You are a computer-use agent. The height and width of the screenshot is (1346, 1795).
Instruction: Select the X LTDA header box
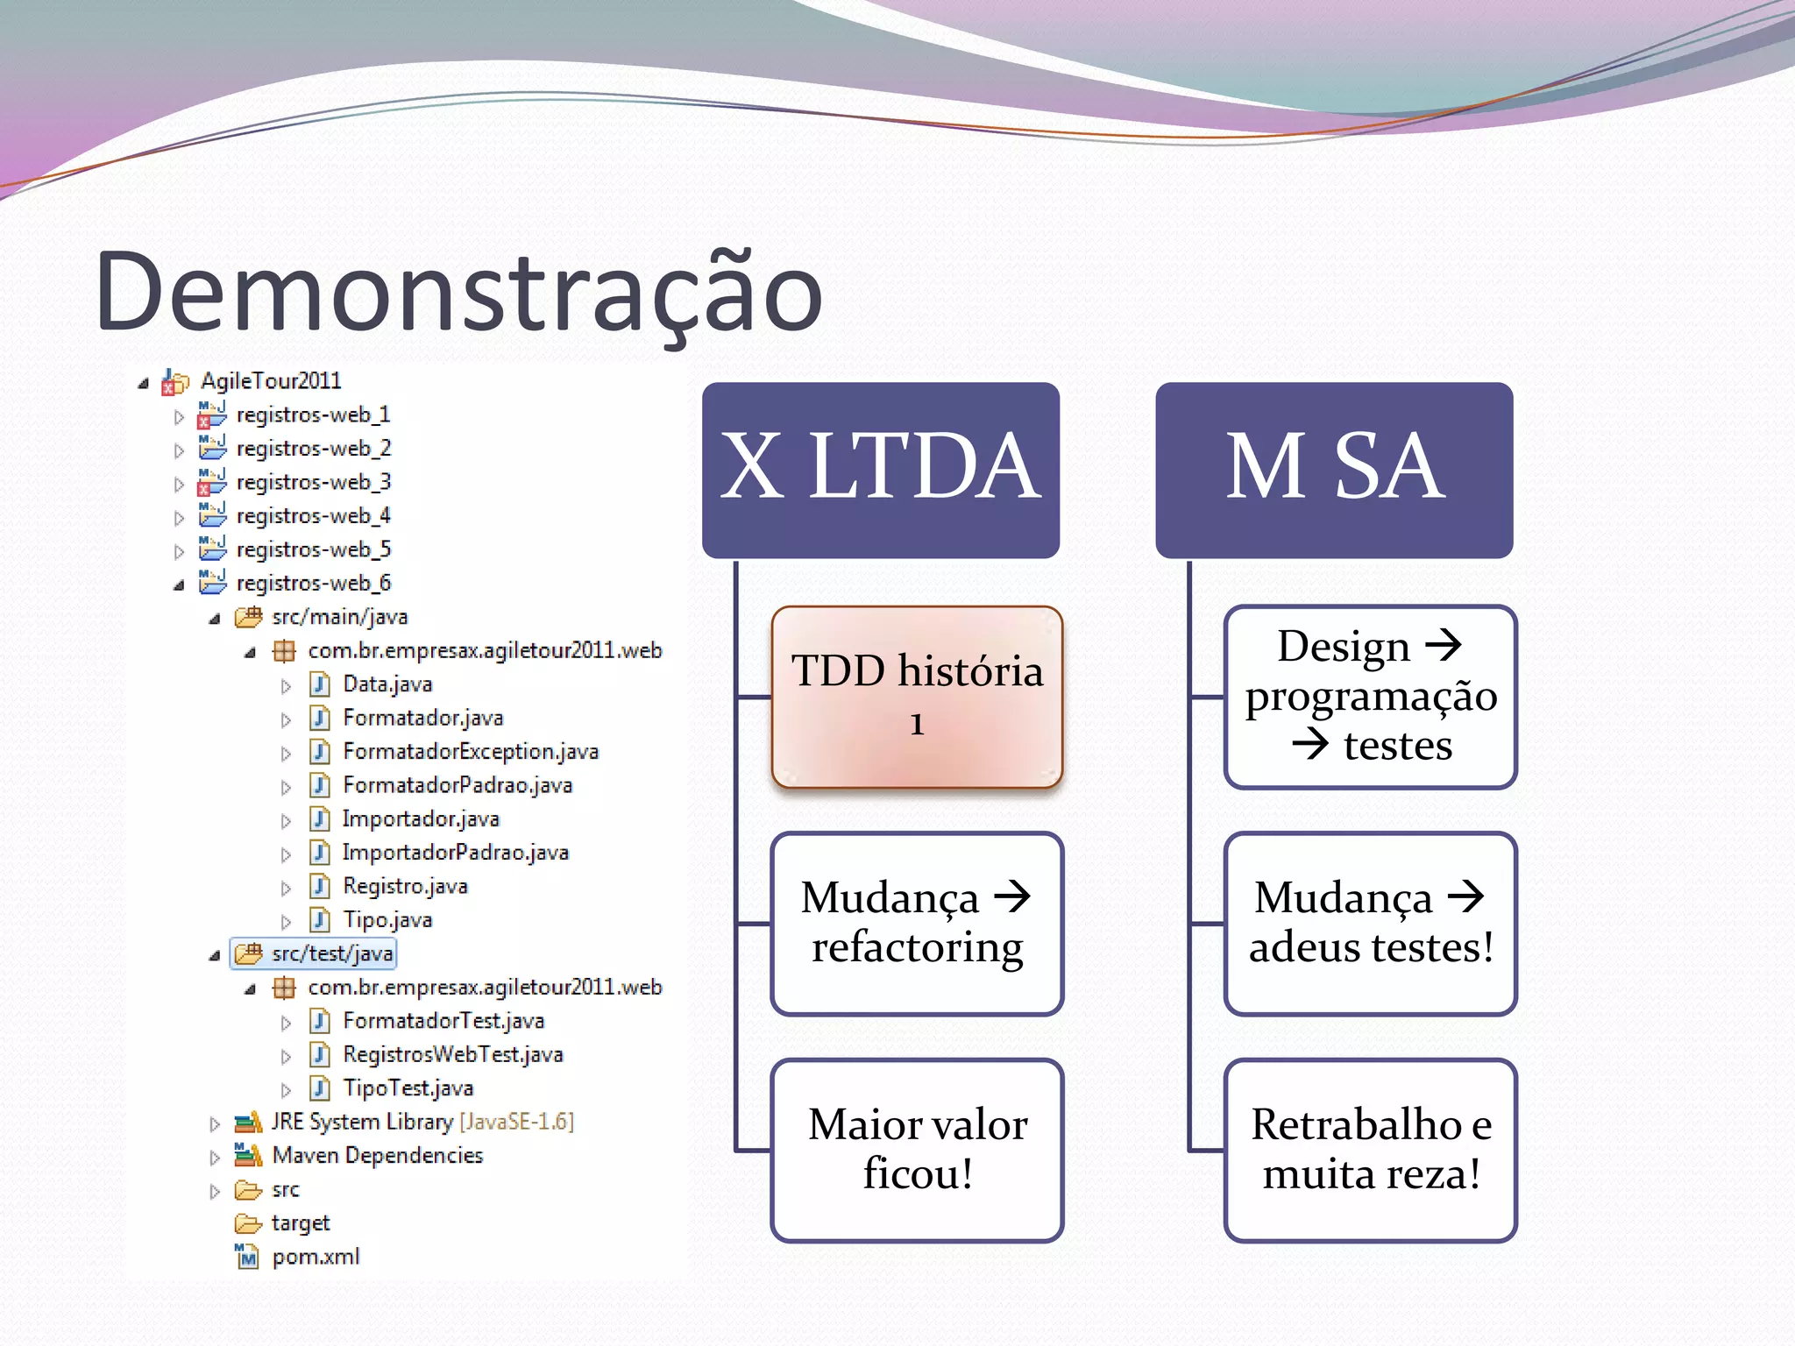pos(881,470)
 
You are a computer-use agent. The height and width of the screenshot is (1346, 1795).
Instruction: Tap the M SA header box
pos(1334,470)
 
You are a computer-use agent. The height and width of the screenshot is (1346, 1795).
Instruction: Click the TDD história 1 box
pos(917,697)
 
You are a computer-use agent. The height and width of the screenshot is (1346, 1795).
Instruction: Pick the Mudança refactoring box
pos(917,923)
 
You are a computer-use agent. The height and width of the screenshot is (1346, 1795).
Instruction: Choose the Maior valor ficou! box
pos(917,1150)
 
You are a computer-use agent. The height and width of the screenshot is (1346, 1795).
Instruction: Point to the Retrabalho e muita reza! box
pos(1371,1150)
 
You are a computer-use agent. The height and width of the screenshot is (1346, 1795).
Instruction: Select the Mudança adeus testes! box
pos(1371,923)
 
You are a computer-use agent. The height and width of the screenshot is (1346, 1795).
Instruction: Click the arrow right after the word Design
pos(1444,646)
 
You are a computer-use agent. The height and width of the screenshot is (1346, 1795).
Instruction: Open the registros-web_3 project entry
pos(313,482)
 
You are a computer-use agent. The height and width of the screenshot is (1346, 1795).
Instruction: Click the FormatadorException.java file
pos(470,752)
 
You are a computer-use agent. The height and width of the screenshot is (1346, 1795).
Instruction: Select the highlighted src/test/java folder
pos(331,953)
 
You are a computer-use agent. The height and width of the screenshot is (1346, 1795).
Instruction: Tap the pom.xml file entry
pos(315,1257)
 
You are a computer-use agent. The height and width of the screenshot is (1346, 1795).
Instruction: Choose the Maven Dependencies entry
pos(377,1156)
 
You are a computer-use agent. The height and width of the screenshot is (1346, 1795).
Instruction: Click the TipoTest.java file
pos(408,1088)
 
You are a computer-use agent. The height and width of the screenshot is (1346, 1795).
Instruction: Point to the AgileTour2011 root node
pos(270,381)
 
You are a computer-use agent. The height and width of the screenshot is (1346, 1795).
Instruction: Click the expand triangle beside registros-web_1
pos(180,416)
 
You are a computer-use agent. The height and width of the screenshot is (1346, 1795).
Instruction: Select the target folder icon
pos(248,1223)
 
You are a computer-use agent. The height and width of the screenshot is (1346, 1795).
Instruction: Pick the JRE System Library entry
pos(361,1123)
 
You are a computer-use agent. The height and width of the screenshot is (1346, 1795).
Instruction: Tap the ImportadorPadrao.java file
pos(455,853)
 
